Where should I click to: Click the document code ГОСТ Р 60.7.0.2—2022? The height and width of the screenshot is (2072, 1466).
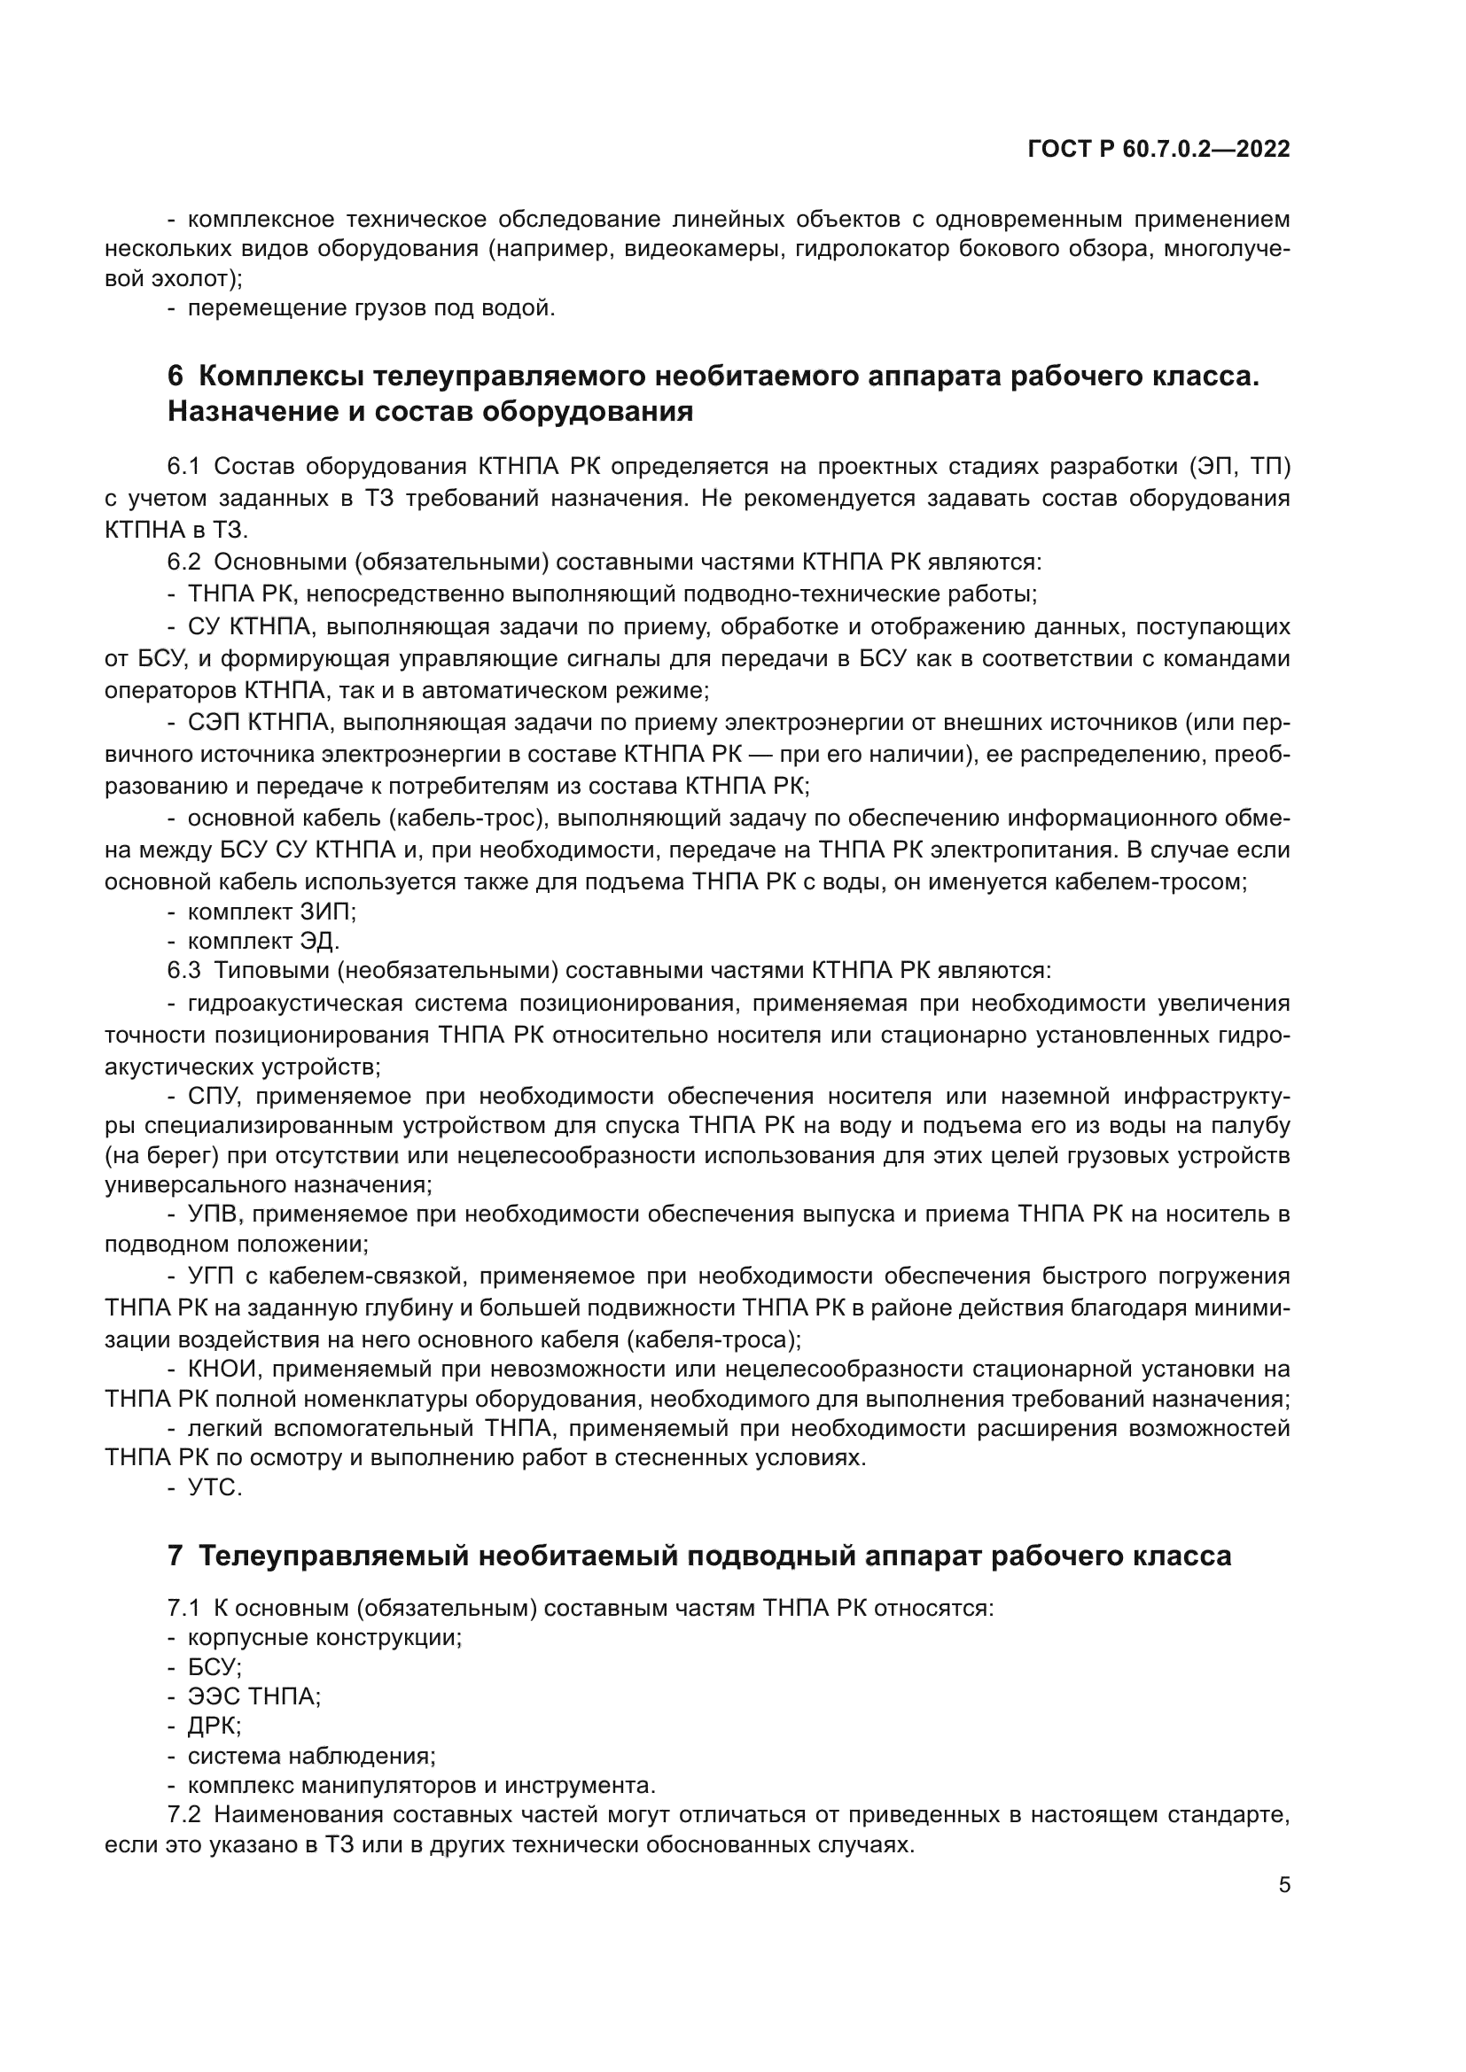tap(1158, 150)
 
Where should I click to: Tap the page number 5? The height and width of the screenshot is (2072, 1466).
tap(1283, 1885)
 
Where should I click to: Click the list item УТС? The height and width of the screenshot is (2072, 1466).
tap(214, 1488)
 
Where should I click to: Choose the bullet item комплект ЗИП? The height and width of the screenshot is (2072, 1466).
tap(271, 912)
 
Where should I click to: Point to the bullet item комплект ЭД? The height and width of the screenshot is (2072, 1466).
tap(262, 942)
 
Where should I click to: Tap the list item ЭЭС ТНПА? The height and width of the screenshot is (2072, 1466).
tap(253, 1696)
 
